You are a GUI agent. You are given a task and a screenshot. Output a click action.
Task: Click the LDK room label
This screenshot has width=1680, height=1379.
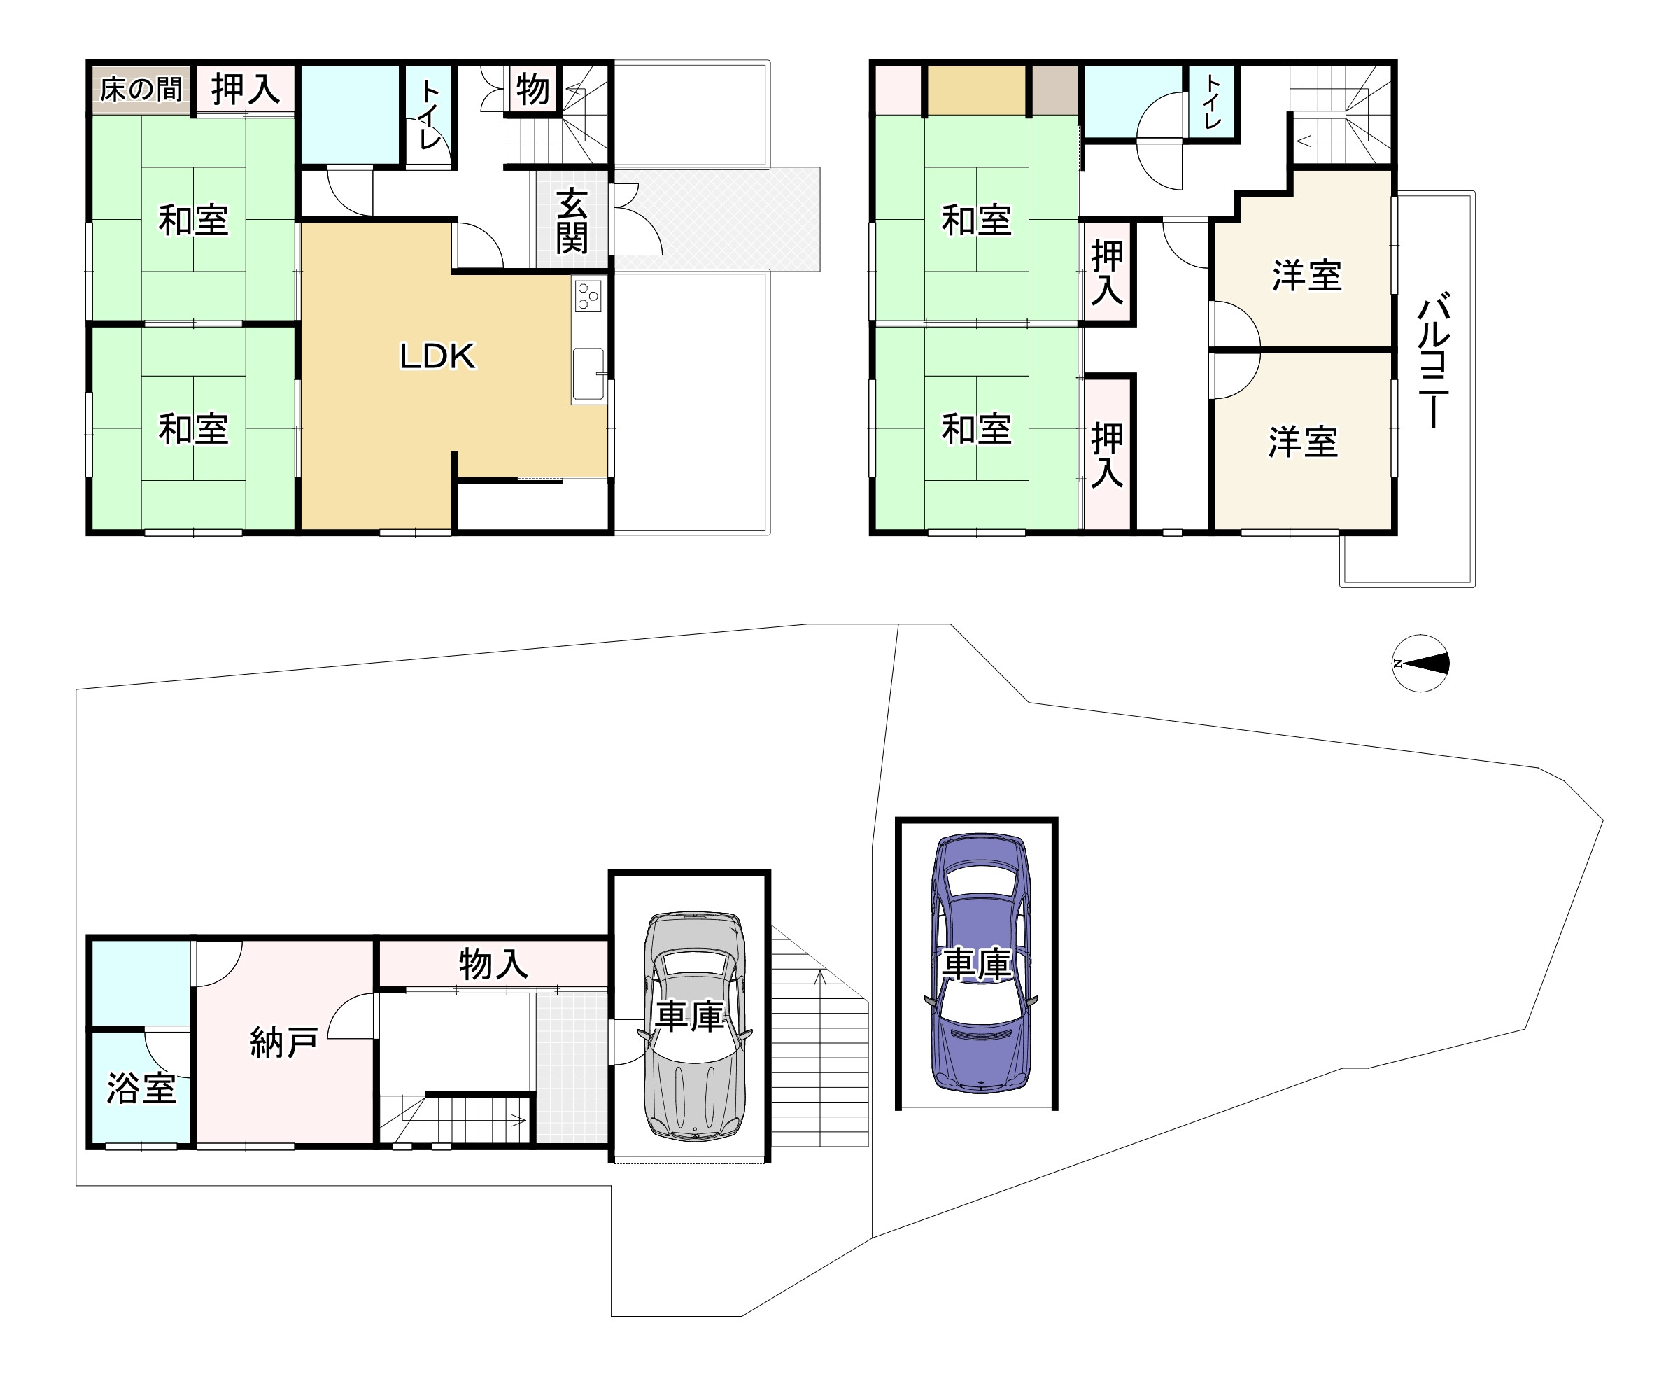[437, 357]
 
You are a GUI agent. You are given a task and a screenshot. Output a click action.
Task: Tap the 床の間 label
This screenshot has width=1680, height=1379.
[141, 89]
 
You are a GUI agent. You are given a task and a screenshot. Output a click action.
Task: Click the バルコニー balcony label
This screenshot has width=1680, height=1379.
[1434, 360]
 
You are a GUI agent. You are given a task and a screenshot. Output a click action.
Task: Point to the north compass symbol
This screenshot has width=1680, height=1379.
[1420, 664]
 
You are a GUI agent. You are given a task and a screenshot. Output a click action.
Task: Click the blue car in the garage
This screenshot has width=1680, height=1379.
[980, 962]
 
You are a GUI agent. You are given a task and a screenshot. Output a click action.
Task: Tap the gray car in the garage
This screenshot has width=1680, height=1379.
[695, 1026]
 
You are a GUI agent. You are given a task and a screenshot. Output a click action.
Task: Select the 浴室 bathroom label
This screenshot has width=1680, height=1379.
[141, 1088]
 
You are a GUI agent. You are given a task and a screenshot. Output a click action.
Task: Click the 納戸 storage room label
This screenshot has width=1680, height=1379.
[283, 1042]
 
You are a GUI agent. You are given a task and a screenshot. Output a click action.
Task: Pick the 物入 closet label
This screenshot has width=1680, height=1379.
[493, 965]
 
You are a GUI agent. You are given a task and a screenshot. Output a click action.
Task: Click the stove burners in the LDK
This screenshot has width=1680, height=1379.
[588, 295]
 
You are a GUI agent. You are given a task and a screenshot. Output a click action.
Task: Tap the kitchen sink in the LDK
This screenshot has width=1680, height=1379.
[588, 374]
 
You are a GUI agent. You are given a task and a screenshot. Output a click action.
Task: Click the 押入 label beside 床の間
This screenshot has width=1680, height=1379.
[246, 89]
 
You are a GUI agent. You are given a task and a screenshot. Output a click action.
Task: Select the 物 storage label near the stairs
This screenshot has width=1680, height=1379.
[532, 89]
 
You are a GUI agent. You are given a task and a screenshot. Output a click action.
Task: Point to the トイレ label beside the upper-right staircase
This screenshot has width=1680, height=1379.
[1213, 101]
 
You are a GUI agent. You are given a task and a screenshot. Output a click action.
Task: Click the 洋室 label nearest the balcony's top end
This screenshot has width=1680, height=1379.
[1307, 276]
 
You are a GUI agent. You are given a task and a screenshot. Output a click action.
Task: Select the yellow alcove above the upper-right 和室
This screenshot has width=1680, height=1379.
[977, 89]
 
